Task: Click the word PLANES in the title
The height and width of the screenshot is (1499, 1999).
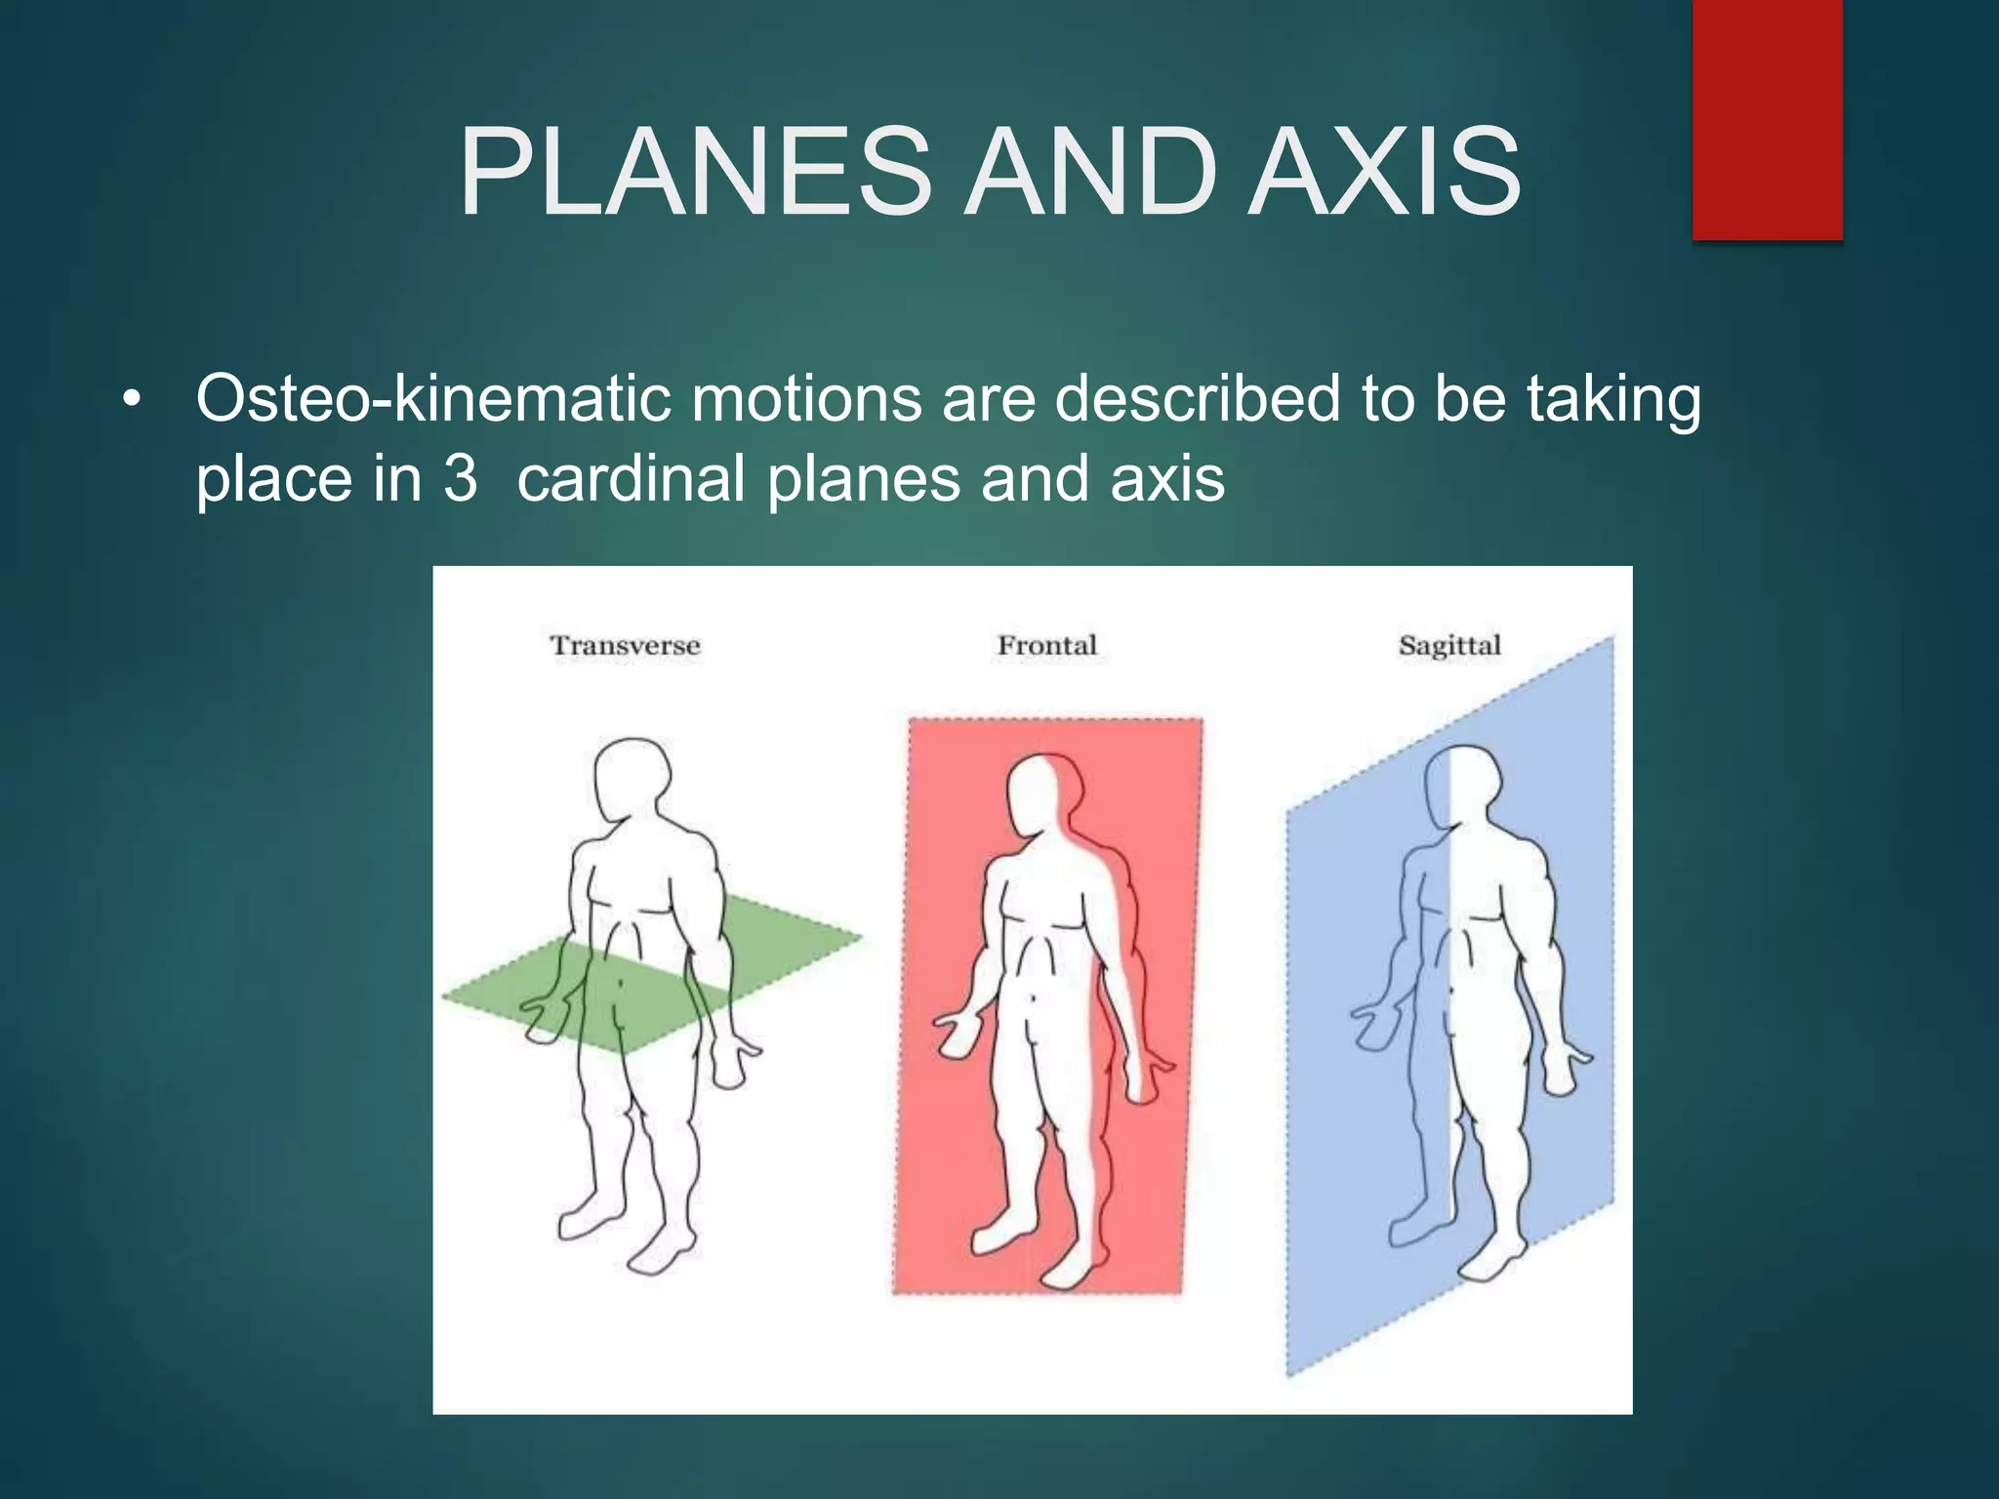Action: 695,173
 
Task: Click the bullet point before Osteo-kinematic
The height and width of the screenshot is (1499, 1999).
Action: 133,400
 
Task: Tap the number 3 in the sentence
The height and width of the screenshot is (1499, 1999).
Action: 460,478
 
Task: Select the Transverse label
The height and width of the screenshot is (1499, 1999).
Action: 625,645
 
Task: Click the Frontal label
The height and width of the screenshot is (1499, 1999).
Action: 1046,645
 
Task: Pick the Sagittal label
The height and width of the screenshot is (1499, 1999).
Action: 1449,645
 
